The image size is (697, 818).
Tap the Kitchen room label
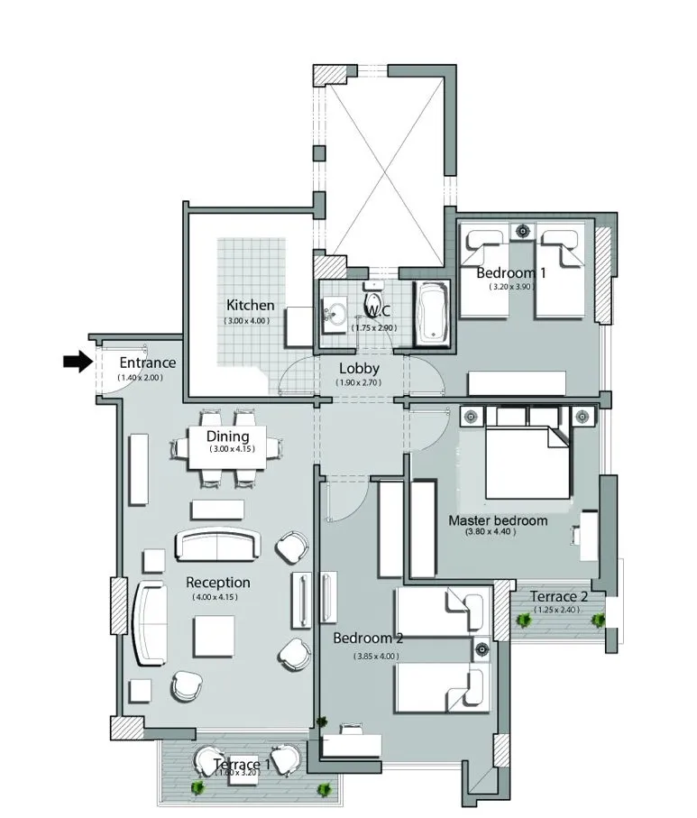[x=250, y=305]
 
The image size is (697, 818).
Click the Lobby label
[x=359, y=368]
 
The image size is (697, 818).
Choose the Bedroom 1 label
[x=511, y=273]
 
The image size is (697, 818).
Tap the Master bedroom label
[x=498, y=520]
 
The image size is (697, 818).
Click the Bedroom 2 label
[x=368, y=639]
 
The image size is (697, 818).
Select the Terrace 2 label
[x=559, y=596]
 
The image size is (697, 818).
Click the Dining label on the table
[x=227, y=437]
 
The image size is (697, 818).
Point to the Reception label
[x=217, y=582]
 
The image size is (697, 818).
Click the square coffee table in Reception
[x=215, y=636]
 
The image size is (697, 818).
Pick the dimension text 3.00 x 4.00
[x=247, y=320]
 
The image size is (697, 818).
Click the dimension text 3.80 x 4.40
[x=491, y=532]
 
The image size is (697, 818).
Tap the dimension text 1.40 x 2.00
[x=140, y=377]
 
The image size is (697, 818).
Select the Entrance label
[x=148, y=363]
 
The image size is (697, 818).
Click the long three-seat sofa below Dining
[x=217, y=545]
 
